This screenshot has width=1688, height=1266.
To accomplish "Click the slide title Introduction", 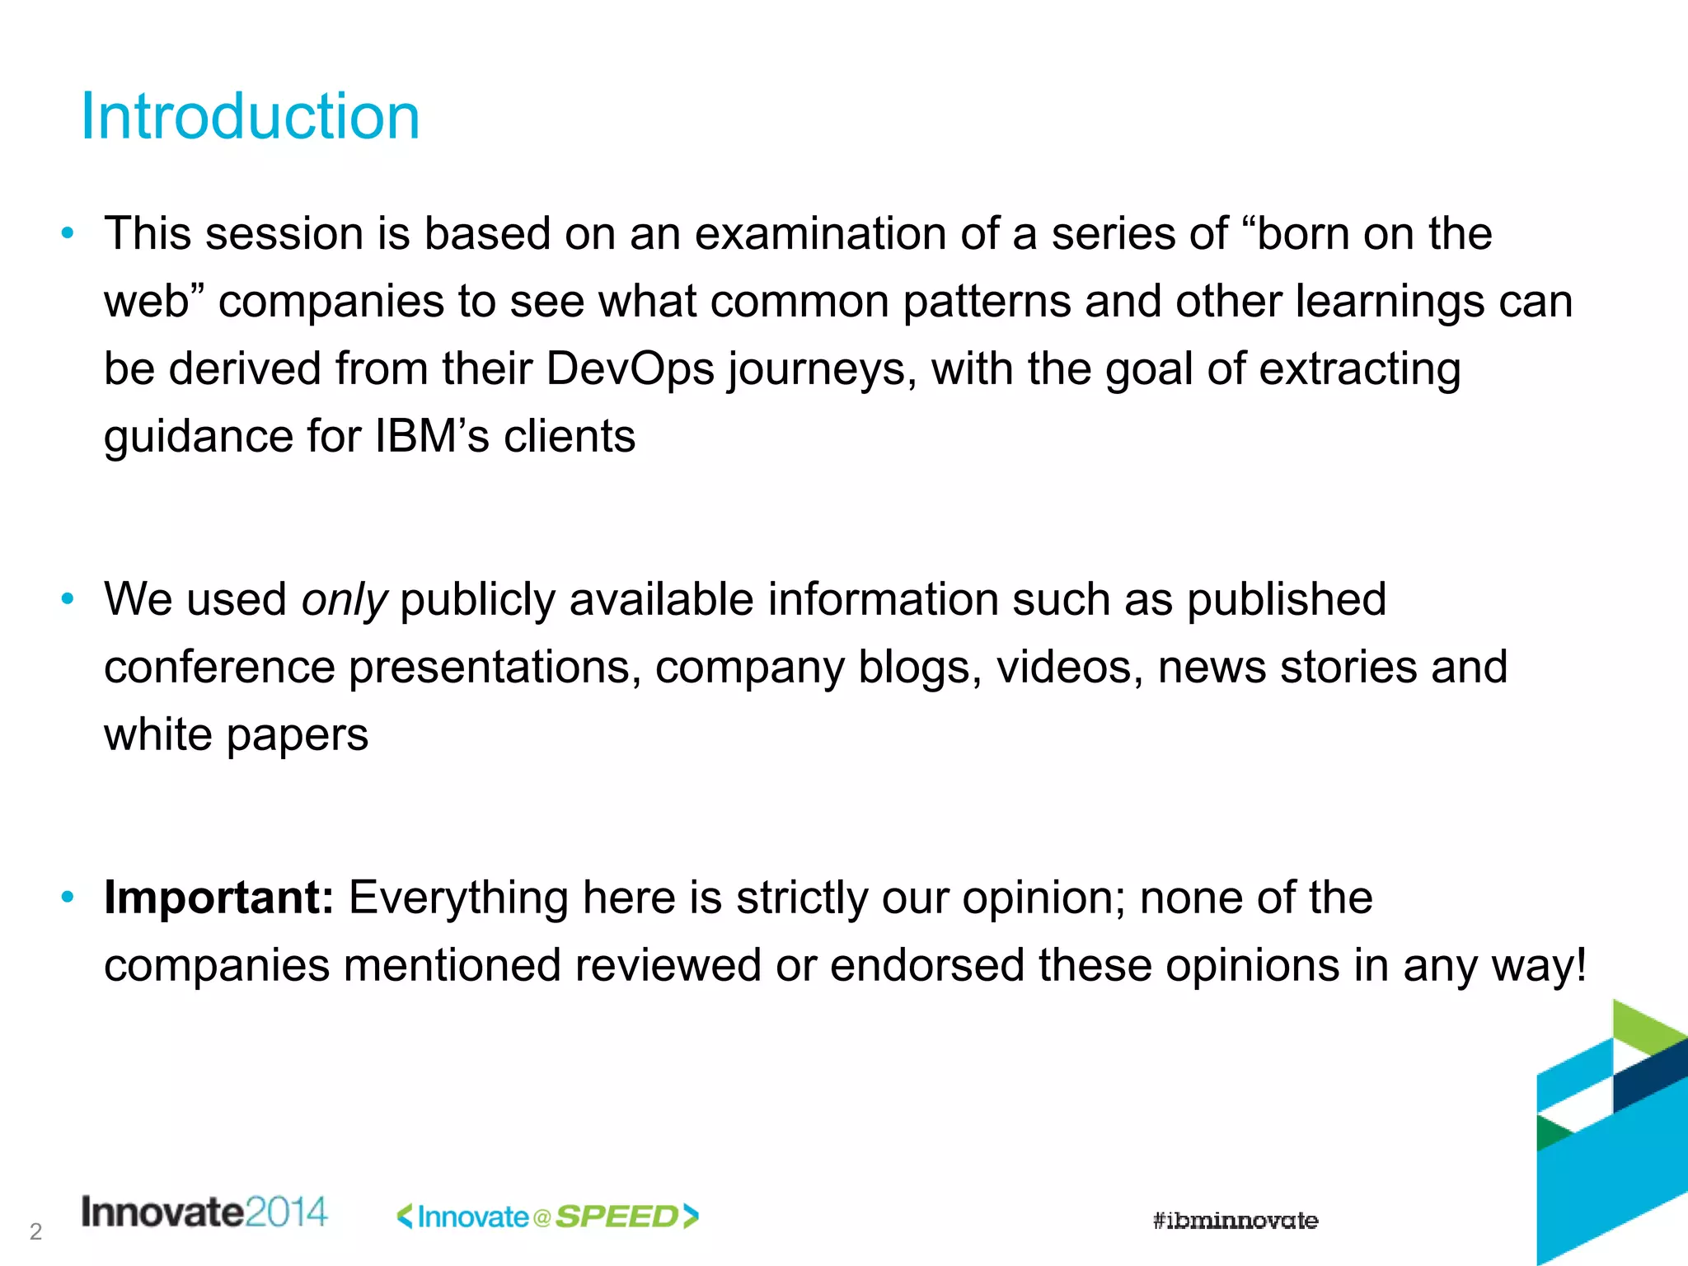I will (x=250, y=116).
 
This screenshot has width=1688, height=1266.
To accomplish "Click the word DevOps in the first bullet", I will (x=630, y=368).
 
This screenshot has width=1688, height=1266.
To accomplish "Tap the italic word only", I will (x=344, y=599).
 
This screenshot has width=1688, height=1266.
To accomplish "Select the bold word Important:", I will (x=218, y=898).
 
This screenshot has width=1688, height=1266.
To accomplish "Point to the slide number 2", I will (x=35, y=1231).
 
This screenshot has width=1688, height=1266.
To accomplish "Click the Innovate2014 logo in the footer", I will (x=204, y=1212).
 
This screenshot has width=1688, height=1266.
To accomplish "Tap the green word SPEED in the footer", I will (x=617, y=1217).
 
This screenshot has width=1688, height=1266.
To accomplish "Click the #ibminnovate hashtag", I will (x=1235, y=1221).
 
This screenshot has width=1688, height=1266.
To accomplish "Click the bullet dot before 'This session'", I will (x=68, y=233).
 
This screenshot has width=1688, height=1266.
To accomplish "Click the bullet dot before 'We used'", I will (x=68, y=598).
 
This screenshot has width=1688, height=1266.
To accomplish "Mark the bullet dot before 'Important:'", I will (x=68, y=897).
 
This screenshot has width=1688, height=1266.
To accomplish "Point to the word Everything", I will (x=458, y=898).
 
